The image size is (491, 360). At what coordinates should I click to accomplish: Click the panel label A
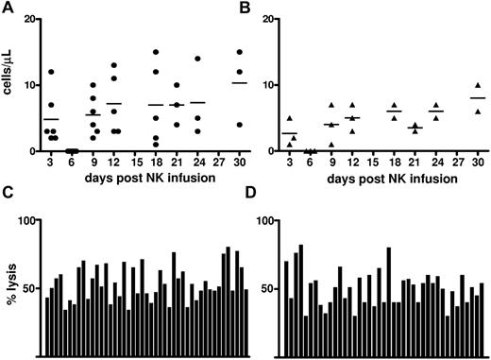coord(8,8)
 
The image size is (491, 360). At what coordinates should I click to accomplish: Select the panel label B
coord(262,8)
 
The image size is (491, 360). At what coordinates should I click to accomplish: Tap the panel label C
coord(8,194)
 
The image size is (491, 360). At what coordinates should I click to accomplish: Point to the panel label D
coord(262,194)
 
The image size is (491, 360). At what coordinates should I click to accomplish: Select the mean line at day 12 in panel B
coord(350,118)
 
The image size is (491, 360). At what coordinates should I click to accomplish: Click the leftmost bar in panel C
coord(47,327)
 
